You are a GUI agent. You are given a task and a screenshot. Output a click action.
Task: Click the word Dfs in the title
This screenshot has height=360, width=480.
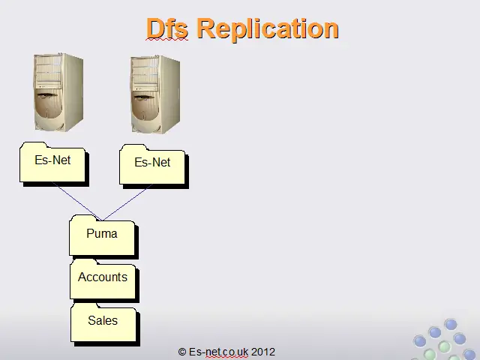point(167,28)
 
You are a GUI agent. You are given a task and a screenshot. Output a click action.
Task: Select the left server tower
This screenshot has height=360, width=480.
point(58,92)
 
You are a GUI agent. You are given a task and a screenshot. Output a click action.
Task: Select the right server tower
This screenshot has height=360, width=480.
point(155,94)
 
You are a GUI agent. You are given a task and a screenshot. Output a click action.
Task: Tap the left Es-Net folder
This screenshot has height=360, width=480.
point(54,163)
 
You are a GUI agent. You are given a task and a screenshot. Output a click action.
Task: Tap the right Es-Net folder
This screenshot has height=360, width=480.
point(154,166)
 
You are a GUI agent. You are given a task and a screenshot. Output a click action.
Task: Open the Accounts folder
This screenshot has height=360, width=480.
point(104,280)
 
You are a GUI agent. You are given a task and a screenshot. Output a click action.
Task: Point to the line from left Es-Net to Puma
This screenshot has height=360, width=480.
point(76,201)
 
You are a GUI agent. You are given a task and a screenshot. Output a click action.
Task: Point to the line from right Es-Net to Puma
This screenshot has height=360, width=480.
point(127,202)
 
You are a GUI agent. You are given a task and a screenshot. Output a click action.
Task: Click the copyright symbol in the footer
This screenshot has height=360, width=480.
point(182,352)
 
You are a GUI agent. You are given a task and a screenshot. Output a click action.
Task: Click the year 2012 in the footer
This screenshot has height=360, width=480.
point(263,352)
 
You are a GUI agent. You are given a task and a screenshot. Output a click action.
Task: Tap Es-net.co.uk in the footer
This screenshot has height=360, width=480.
point(218,352)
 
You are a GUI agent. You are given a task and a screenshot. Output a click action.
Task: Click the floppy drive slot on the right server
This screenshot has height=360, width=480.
point(145,97)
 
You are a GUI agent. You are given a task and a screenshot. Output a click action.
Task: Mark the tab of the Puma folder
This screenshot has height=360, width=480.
point(82,218)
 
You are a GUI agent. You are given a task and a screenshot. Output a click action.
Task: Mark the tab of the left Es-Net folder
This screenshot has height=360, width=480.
point(34,145)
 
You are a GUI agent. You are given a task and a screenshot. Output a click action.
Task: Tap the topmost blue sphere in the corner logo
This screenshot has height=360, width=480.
point(451,325)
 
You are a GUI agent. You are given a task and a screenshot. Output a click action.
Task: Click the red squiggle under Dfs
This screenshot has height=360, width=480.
point(167,39)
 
